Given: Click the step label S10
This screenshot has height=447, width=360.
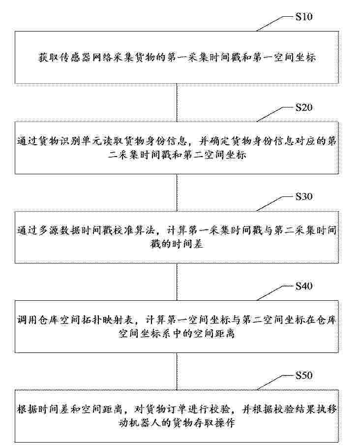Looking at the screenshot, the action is pos(304,17).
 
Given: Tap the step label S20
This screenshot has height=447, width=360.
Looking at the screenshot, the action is pos(304,107).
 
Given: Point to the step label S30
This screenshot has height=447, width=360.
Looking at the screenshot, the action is pos(304,196).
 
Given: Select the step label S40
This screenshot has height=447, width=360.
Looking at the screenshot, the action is pos(304,286).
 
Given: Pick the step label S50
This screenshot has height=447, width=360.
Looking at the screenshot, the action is pos(304,375).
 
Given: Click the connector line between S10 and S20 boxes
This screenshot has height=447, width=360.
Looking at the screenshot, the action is pos(177,102).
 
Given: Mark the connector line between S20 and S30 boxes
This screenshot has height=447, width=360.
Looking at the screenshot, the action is pos(177,192).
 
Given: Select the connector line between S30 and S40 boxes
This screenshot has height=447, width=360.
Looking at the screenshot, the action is pos(177,282).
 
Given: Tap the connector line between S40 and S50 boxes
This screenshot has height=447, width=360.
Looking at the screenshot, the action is pos(177,371).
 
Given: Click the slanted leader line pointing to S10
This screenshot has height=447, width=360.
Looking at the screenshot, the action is pos(274,24).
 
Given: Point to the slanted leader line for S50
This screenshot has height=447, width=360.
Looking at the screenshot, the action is pos(274,383).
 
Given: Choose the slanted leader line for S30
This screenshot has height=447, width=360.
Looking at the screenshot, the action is pos(274,204).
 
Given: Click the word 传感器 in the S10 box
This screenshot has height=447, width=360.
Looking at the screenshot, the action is pos(70,58).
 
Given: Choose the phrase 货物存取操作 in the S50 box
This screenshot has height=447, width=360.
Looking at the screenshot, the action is pos(203,422).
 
